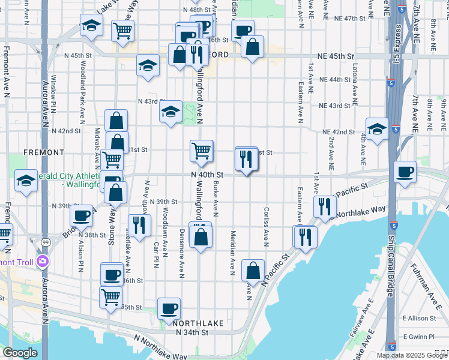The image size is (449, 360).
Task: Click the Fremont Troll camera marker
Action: coord(42,261)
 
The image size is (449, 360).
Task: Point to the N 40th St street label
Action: coord(207,174)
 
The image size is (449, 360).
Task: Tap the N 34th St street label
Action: coord(191,332)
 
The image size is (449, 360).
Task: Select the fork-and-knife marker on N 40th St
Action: coord(247,159)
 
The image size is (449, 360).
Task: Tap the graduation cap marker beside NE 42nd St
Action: coord(377,128)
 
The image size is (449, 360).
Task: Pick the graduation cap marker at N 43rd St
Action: coord(170,112)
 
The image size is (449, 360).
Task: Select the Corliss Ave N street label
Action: coord(265,227)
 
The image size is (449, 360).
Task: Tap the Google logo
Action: coord(20,353)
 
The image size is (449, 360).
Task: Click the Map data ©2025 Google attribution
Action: coord(411,355)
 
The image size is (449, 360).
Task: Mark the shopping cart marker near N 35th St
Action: coord(111,296)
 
